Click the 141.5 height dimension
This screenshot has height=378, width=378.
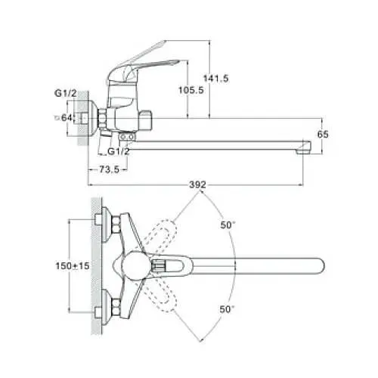(x=215, y=79)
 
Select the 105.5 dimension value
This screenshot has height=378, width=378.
(x=191, y=90)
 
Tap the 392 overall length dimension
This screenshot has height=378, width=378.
(x=197, y=184)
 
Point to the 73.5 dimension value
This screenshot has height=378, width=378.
(x=109, y=169)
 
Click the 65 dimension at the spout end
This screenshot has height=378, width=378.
(x=323, y=135)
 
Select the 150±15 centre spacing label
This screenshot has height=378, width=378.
(x=73, y=265)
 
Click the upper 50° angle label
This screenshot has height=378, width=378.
(x=228, y=225)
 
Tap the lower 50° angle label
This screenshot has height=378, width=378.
(x=227, y=309)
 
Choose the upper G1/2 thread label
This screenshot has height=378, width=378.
(x=65, y=93)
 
